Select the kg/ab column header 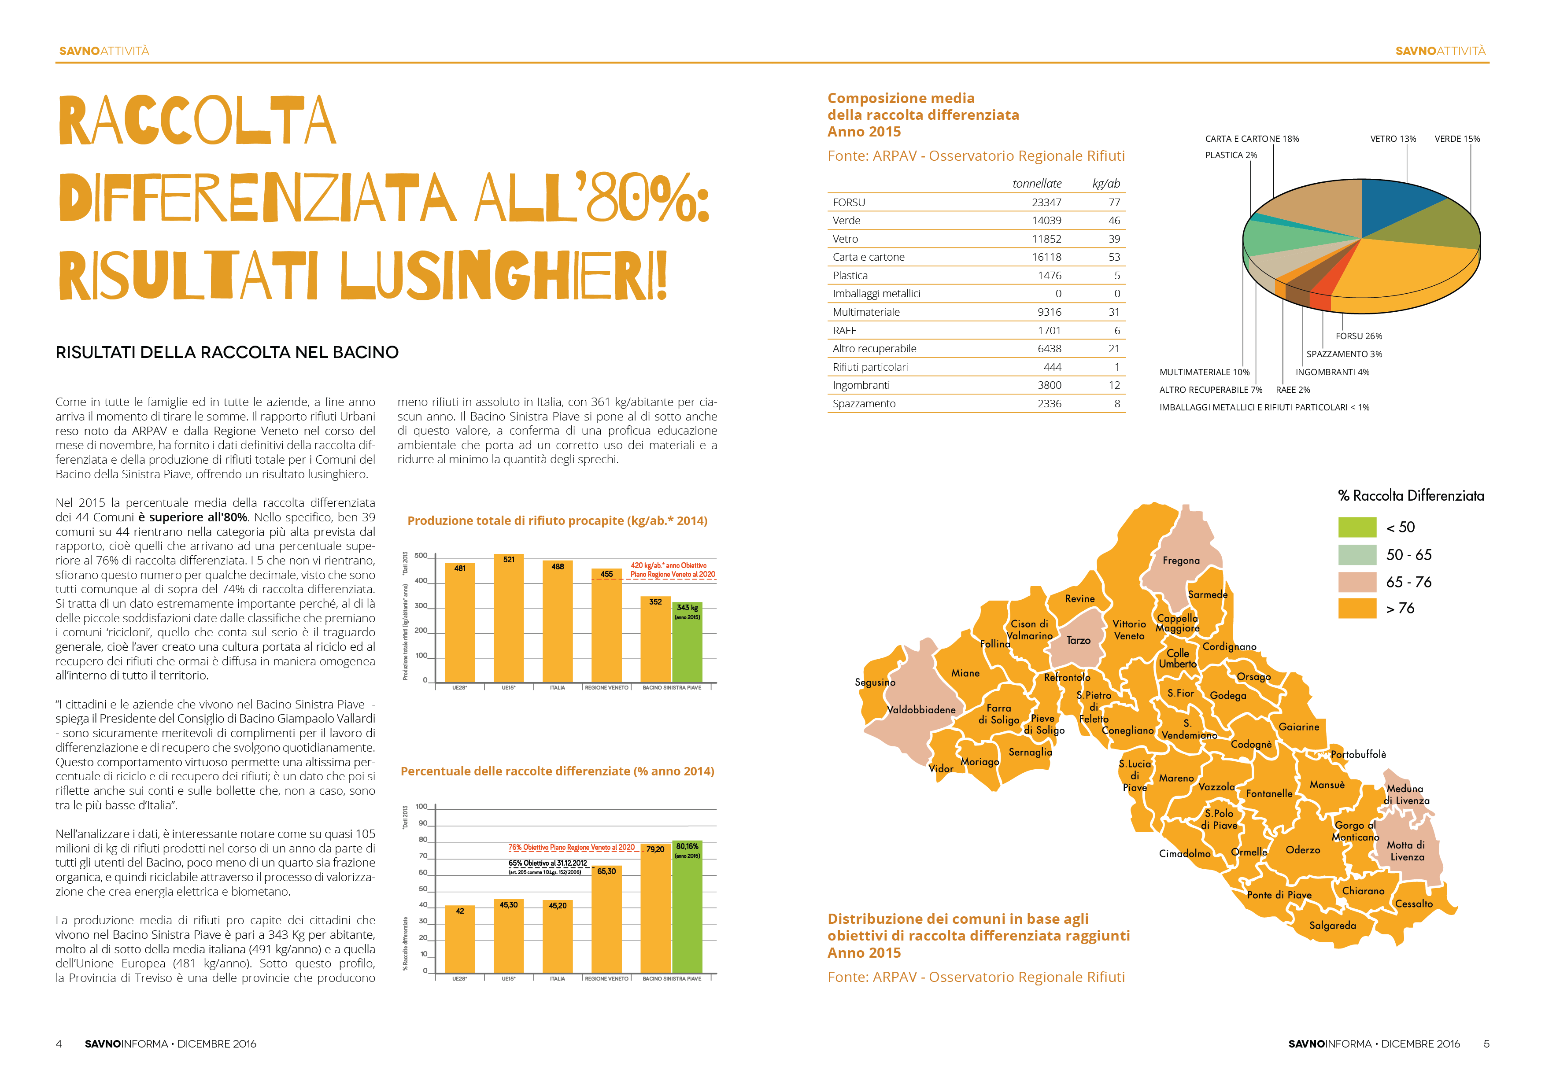coord(1106,184)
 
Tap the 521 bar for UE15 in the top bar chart coord(509,618)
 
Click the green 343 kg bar coord(687,642)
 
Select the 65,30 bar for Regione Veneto coord(606,919)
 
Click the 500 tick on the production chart coord(421,556)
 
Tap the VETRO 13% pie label coord(1393,139)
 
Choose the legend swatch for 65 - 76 coord(1357,582)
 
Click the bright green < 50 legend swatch coord(1357,527)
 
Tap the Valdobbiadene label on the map coord(921,710)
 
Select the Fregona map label coord(1181,561)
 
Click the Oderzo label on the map coord(1303,850)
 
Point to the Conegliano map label coord(1128,730)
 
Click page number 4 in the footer coord(59,1044)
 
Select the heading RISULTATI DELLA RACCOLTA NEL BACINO coord(227,353)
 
